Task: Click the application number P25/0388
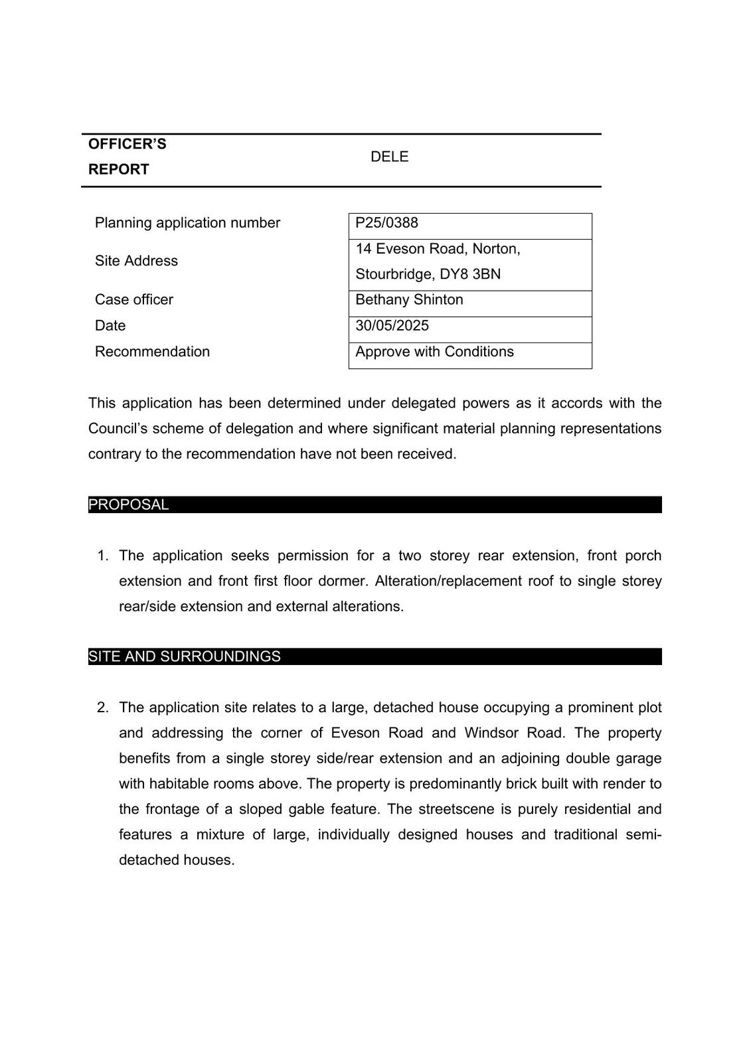(x=386, y=223)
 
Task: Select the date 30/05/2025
(x=392, y=326)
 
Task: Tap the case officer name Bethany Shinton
(x=409, y=300)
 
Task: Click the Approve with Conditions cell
(x=434, y=352)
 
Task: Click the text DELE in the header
(x=389, y=157)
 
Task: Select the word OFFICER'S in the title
(x=127, y=145)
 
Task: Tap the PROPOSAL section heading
(x=129, y=505)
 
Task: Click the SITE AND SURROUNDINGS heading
(x=185, y=657)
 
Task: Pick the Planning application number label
(x=187, y=223)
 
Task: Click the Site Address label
(x=136, y=262)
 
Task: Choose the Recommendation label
(x=152, y=352)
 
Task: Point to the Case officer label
(x=133, y=300)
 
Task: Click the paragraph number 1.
(x=102, y=556)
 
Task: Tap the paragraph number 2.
(x=102, y=708)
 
